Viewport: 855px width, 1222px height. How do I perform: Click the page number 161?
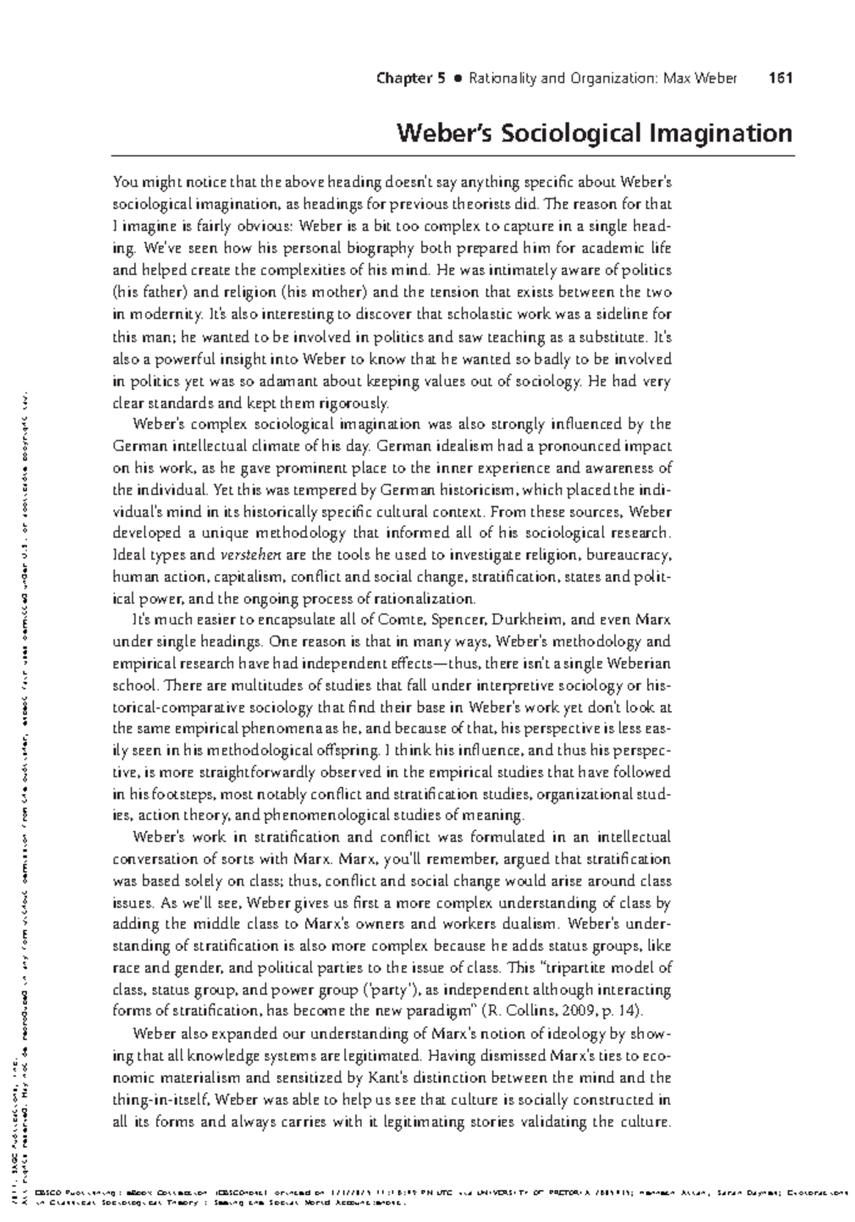pos(782,78)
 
